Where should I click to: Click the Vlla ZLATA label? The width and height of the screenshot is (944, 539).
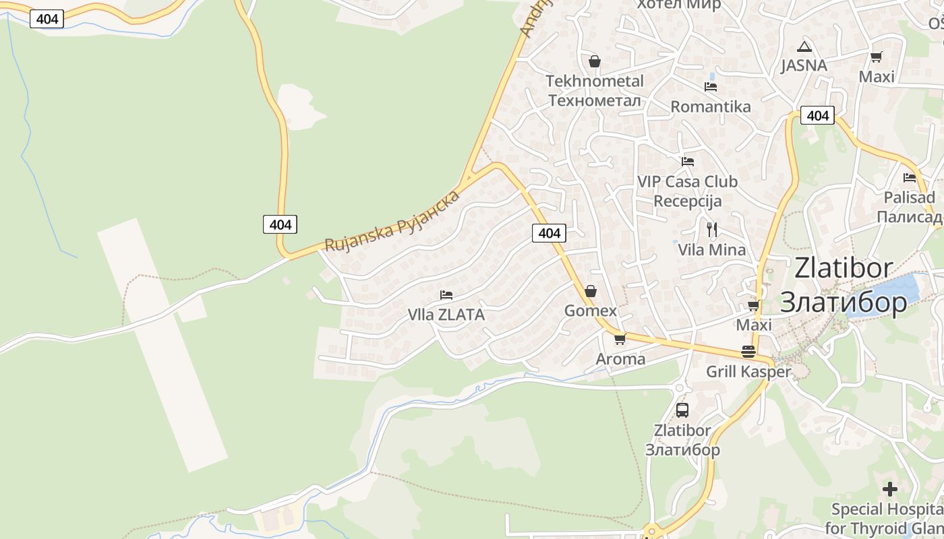coord(446,315)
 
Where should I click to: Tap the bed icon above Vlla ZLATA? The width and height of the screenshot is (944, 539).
coord(446,295)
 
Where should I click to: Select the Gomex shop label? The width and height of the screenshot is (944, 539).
coord(591,311)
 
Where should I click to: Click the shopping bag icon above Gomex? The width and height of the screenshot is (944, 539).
coord(591,291)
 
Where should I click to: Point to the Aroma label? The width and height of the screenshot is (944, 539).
coord(620,359)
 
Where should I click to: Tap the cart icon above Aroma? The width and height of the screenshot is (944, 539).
coord(620,339)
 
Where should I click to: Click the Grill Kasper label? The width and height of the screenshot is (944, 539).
coord(748,372)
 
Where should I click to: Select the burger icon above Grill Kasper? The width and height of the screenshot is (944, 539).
coord(748,351)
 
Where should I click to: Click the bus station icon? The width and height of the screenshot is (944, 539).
coord(682,410)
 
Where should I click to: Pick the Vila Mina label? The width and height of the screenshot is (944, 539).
coord(711,250)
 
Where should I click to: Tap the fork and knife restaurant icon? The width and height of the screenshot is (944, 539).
coord(711,229)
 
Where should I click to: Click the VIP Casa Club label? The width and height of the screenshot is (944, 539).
coord(687,182)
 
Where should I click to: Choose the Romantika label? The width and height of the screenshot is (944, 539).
coord(710,106)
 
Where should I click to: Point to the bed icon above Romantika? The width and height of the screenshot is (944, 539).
coord(710,87)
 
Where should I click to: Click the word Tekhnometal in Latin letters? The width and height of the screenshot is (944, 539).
coord(594,82)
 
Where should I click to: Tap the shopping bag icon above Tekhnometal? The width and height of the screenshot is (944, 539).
coord(594,62)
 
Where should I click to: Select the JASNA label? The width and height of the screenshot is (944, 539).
coord(804,65)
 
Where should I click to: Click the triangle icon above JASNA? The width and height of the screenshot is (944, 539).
coord(804,47)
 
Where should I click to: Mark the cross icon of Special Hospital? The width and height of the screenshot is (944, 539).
coord(890,488)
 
